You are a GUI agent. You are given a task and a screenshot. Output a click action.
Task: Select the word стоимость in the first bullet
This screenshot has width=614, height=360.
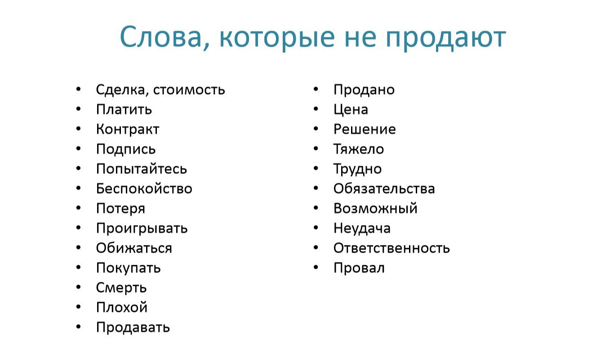tap(189, 90)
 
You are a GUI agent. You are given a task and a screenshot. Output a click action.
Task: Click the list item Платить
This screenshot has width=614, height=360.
tap(124, 110)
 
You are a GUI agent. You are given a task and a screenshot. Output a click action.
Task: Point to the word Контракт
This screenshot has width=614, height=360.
tap(128, 129)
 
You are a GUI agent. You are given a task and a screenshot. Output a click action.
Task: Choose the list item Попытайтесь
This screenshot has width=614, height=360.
tap(141, 169)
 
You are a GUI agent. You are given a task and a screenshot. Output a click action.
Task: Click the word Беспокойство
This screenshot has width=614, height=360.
tap(144, 189)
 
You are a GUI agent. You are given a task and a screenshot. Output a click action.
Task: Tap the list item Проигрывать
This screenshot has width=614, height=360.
tap(142, 228)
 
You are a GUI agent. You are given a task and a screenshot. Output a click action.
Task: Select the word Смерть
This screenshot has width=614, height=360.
tap(121, 288)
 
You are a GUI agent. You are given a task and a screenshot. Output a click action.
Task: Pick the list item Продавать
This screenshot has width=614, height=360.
tap(133, 327)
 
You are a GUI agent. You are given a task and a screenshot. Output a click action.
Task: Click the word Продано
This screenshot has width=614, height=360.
tap(364, 90)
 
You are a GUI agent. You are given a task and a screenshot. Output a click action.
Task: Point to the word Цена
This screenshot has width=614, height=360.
tap(351, 110)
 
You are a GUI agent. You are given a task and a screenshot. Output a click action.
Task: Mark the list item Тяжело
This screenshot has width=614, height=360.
tap(358, 149)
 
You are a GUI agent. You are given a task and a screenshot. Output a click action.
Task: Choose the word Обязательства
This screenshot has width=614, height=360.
tap(384, 189)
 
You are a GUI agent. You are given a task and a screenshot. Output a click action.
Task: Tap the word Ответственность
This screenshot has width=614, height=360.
tap(392, 248)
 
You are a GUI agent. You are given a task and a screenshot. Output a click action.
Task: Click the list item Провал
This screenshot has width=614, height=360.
tap(359, 268)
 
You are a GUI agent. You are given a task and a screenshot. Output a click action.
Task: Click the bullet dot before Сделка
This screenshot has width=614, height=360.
tap(79, 89)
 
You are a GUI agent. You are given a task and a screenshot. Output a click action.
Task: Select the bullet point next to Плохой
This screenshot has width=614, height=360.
tap(79, 307)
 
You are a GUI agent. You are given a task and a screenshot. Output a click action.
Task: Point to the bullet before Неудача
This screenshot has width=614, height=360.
tap(316, 228)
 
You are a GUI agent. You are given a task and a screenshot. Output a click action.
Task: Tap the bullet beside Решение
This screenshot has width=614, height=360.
tap(316, 129)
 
